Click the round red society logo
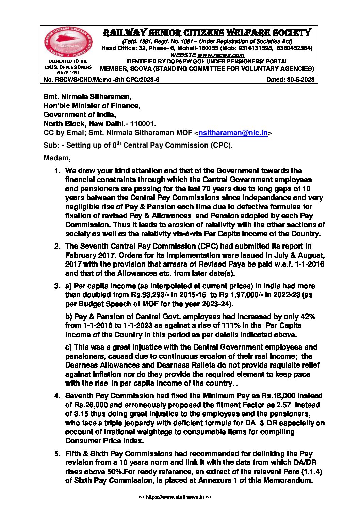68,42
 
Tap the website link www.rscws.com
221,55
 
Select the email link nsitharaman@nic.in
233,133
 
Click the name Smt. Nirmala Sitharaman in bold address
87,97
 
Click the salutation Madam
57,158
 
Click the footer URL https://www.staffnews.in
175,497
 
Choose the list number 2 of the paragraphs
58,246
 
